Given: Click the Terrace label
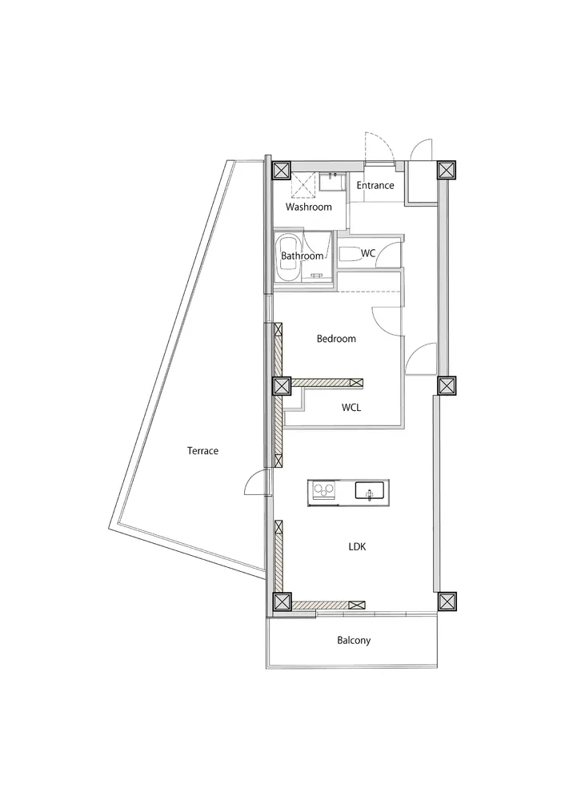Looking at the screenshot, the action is tap(202, 450).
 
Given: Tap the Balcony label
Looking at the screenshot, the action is tap(354, 640).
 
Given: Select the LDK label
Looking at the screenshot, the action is tap(357, 546).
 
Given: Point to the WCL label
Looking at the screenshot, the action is tap(351, 408).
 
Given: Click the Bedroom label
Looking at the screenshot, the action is tap(336, 339).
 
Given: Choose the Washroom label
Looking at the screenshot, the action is tap(309, 207).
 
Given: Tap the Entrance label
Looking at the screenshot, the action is tap(375, 186).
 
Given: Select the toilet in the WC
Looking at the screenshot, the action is tap(351, 254).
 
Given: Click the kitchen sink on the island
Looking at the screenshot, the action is tap(370, 491).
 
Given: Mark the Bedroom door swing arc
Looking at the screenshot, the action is tap(386, 320).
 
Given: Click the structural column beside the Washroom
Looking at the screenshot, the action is tap(281, 170).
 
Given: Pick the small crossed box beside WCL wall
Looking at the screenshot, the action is tap(357, 382).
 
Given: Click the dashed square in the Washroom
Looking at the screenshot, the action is tap(304, 185).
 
